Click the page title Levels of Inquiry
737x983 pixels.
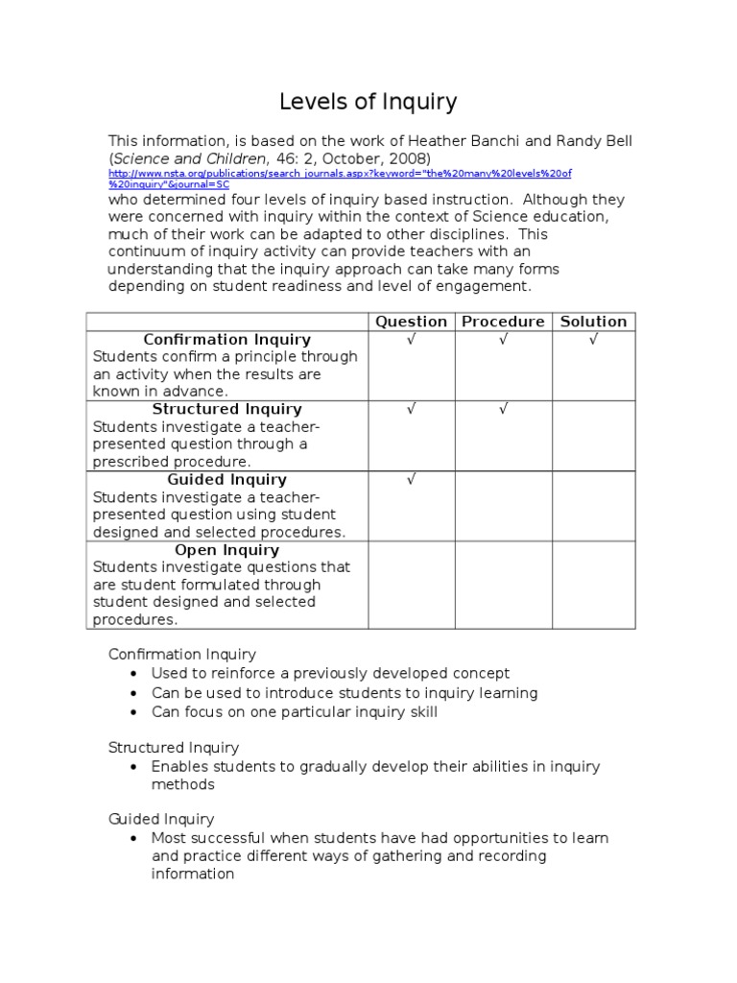(x=368, y=102)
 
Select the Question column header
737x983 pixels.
(x=411, y=322)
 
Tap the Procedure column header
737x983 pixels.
(x=503, y=322)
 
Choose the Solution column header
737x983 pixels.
(x=593, y=322)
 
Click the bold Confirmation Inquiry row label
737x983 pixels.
(x=227, y=340)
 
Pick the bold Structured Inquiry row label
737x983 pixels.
(x=227, y=410)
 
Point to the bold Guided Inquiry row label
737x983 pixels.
(x=227, y=480)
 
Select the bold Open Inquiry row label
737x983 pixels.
(x=227, y=550)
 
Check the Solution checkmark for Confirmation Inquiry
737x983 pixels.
(x=593, y=340)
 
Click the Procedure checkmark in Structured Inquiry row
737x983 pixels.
(x=502, y=410)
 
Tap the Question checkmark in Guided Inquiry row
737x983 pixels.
(x=411, y=480)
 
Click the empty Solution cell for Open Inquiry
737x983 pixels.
(x=593, y=585)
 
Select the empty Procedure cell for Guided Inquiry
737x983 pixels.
(x=502, y=506)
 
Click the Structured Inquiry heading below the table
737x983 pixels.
(x=174, y=747)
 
